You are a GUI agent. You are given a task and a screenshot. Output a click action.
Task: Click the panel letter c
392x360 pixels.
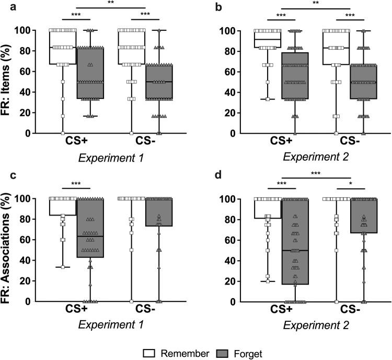point(5,176)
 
